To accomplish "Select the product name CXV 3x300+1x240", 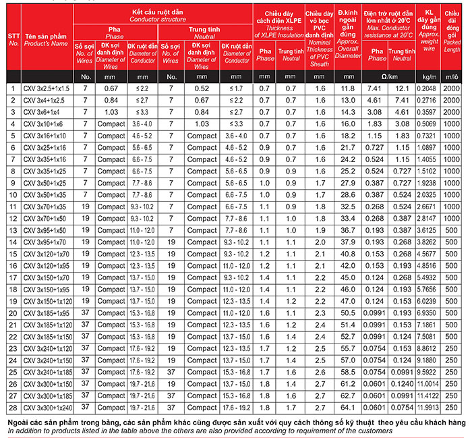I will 47,407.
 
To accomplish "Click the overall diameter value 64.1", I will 348,407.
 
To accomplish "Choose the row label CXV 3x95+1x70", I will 46,242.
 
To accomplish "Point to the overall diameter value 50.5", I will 348,312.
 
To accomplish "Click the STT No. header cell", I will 13,37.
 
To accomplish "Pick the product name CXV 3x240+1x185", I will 47,372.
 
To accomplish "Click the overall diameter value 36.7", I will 348,230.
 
